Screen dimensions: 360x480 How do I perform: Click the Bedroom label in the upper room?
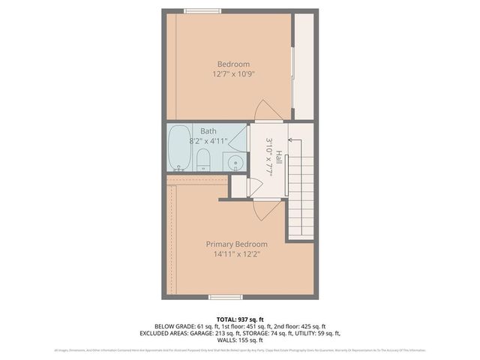[x=233, y=64]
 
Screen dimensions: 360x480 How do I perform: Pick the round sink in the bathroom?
[x=234, y=161]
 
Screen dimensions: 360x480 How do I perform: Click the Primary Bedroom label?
[x=237, y=244]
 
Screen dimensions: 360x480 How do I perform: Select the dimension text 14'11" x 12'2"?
[x=237, y=254]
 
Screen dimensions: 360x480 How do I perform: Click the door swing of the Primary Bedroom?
[x=256, y=211]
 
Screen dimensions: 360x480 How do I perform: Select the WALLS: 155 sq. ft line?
[x=239, y=341]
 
